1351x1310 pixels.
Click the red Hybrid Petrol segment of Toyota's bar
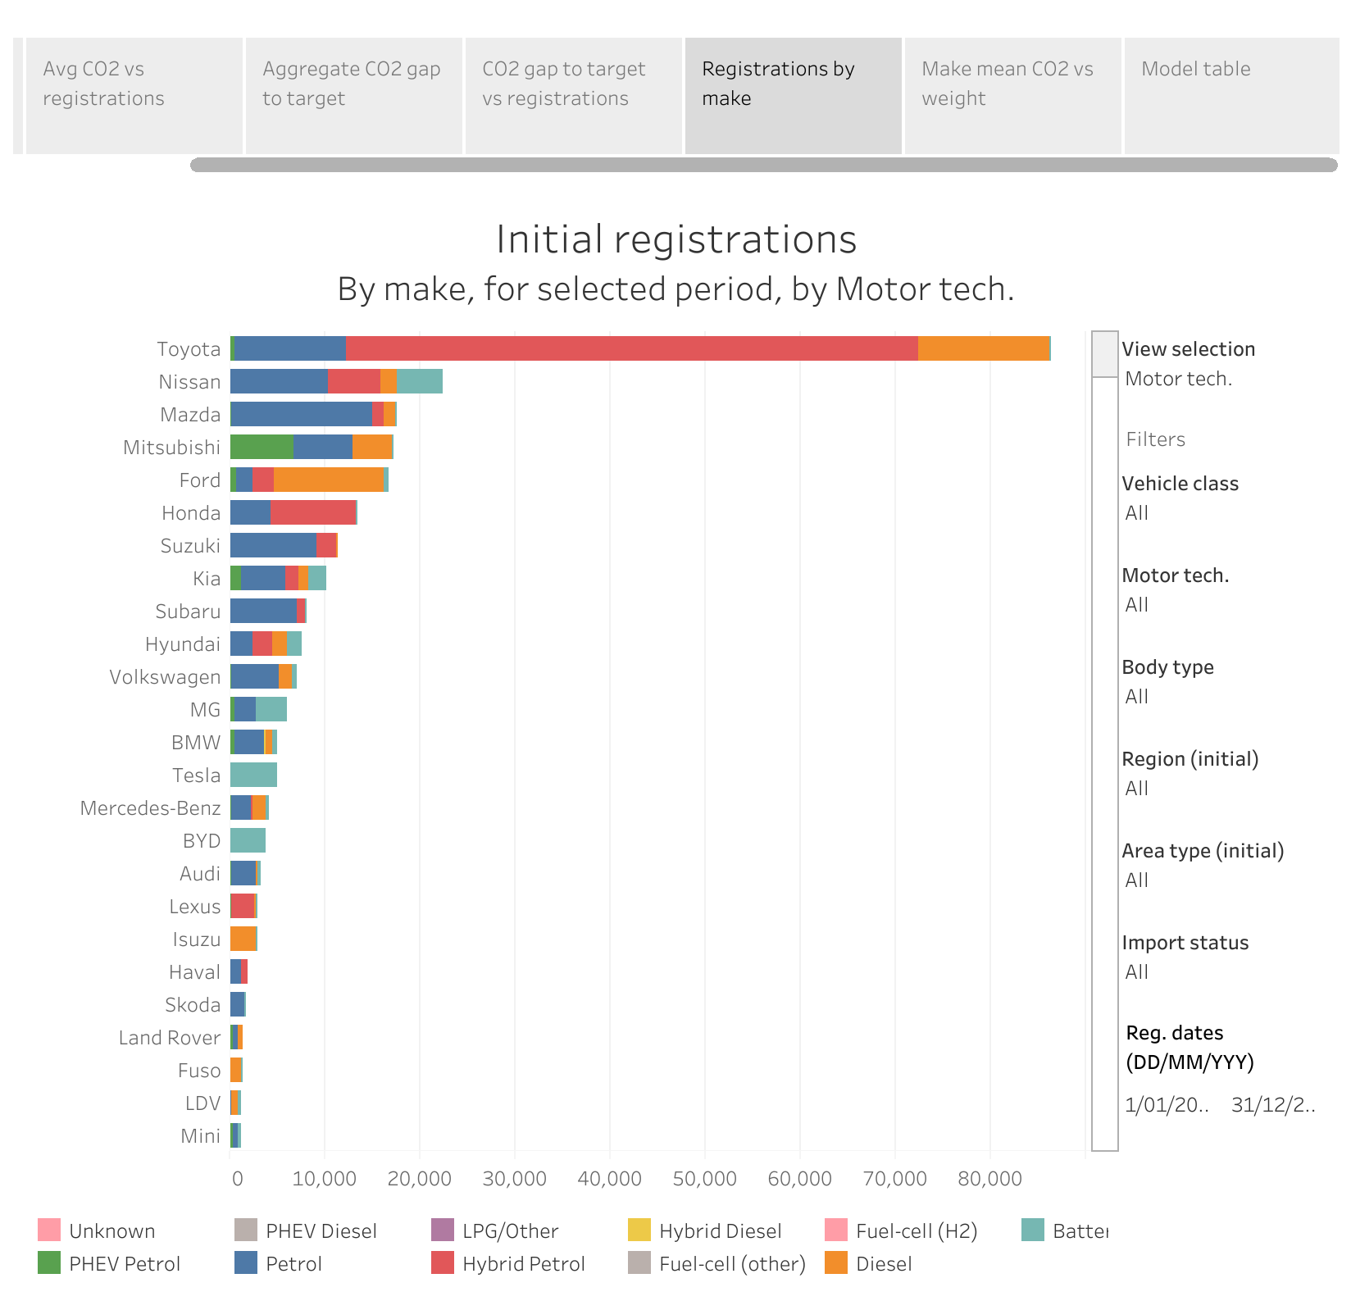pos(631,348)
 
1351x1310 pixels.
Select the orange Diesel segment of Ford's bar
pos(328,480)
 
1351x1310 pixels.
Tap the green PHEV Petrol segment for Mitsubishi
pos(262,447)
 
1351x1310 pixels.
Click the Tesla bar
pos(253,775)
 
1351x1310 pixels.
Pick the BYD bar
pos(248,840)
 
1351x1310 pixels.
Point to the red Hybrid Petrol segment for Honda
pos(313,512)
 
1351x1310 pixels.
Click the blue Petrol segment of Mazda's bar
pos(301,414)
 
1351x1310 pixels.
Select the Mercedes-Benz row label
pos(150,808)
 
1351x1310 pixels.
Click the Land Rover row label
pos(169,1038)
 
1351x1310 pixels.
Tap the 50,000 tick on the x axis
pos(704,1179)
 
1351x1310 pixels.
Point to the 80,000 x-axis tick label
pos(989,1179)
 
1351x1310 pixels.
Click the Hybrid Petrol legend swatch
pos(443,1263)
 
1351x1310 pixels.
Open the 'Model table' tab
pos(1195,69)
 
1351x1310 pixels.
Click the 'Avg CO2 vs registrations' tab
pos(103,84)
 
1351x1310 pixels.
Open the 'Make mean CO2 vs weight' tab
pos(1007,84)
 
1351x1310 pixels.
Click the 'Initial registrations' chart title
pos(676,239)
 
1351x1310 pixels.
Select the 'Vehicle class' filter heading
pos(1180,484)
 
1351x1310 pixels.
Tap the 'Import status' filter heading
pos(1185,943)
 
